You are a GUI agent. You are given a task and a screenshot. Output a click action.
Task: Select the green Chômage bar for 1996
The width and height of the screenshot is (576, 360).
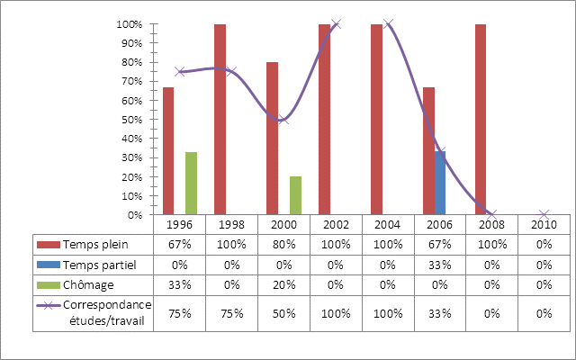point(191,184)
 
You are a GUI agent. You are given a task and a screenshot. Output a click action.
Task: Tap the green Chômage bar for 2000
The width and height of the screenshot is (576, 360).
point(295,196)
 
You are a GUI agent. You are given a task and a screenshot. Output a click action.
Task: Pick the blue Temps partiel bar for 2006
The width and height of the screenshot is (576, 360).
point(440,183)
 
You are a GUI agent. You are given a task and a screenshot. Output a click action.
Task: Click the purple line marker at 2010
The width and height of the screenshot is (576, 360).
point(544,214)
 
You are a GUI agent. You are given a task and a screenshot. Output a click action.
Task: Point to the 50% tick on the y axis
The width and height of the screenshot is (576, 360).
point(130,120)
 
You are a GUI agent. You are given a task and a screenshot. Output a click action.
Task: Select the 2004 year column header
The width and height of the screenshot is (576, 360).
point(389,224)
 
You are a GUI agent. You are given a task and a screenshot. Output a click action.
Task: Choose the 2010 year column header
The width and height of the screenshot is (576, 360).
point(544,224)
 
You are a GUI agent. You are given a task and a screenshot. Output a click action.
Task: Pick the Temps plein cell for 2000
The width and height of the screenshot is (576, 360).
point(284,244)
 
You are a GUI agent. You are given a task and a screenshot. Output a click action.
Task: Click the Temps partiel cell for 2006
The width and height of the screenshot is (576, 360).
point(441,265)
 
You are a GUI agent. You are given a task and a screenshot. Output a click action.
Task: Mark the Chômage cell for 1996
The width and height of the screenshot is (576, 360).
point(180,285)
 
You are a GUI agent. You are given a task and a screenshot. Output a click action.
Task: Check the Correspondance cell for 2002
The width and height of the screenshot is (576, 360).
point(337,313)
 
